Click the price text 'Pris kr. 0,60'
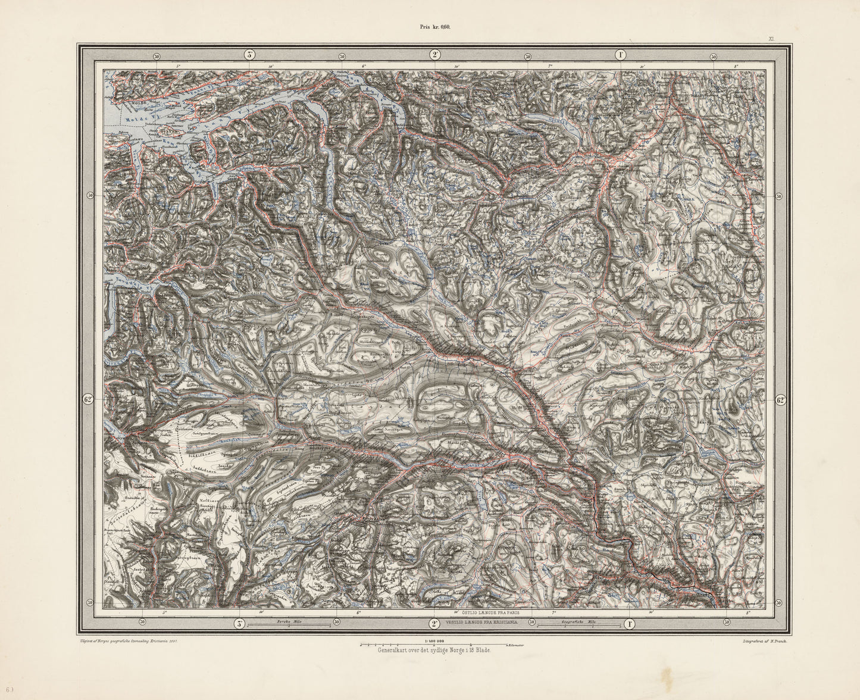coord(432,27)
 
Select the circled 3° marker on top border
coord(249,55)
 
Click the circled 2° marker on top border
coord(435,55)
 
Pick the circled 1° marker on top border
coord(620,55)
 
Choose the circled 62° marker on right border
coord(780,400)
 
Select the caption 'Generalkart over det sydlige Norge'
coord(433,651)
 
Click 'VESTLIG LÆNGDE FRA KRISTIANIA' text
coord(482,622)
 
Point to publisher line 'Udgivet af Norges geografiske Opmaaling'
coord(126,641)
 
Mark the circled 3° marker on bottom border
coord(237,624)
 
